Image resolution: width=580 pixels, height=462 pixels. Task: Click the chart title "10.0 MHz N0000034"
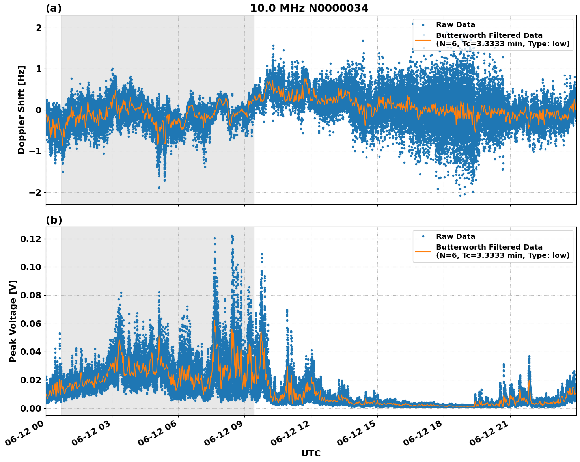pos(309,8)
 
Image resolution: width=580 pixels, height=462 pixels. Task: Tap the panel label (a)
pos(54,8)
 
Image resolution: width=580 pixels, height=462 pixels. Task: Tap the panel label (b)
pos(54,220)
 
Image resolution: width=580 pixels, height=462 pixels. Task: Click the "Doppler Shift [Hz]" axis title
pos(21,110)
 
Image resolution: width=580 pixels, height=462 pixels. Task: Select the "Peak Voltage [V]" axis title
pos(13,321)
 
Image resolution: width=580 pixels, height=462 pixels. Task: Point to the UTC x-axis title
pos(311,453)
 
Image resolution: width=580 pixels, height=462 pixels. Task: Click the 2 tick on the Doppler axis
pos(39,28)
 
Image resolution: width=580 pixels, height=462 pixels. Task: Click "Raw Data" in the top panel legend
pos(455,25)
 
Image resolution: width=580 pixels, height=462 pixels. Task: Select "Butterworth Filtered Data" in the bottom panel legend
pos(489,247)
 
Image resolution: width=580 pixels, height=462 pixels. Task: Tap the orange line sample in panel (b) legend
pos(423,251)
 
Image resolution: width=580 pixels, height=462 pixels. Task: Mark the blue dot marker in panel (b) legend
pos(423,237)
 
